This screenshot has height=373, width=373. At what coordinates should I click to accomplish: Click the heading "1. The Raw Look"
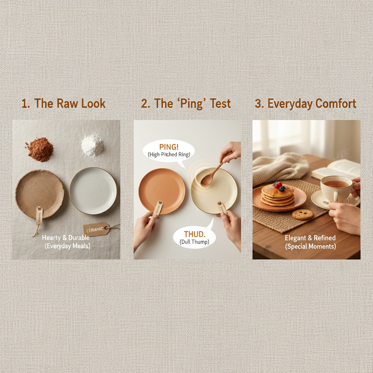63,103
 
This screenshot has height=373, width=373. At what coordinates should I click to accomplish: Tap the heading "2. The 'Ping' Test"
186,103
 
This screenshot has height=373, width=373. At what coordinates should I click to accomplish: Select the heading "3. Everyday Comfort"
305,103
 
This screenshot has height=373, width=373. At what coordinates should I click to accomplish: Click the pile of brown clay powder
40,149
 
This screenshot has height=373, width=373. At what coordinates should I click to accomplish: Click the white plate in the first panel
93,191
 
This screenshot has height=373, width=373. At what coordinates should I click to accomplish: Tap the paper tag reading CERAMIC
97,229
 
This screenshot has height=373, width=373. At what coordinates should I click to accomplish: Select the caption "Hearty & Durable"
66,237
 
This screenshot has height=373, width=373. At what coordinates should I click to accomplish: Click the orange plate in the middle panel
162,191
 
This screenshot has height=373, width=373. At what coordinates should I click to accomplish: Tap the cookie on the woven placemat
303,215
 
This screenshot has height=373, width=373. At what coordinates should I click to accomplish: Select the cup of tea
336,188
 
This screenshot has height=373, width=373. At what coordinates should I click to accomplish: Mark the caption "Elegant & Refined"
310,237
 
